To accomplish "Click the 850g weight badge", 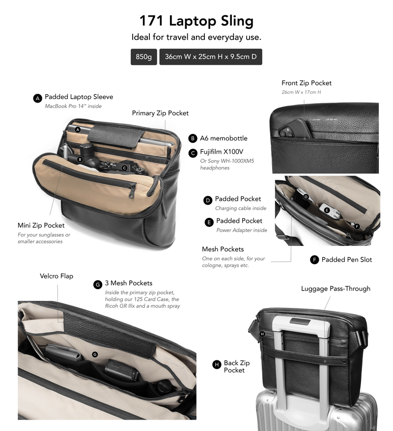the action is point(143,57).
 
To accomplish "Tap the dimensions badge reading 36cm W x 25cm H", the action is point(211,57).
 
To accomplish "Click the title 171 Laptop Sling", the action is point(196,21).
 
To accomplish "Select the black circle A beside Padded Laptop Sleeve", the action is point(37,98).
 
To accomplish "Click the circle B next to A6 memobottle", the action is point(193,138).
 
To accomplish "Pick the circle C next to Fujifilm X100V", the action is point(193,153).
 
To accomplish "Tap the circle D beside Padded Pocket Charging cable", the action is point(208,200).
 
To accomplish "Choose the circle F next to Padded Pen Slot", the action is point(314,260).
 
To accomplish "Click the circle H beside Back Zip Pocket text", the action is point(217,364).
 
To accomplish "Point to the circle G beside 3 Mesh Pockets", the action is point(98,285).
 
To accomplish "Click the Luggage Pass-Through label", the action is point(336,289).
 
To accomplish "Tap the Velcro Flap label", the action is point(56,276).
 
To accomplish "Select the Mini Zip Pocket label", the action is point(41,225).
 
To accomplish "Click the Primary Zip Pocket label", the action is point(160,113).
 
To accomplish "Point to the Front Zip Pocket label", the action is point(307,83).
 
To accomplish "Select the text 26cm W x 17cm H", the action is point(301,92).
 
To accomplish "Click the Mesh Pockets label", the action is point(223,249).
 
